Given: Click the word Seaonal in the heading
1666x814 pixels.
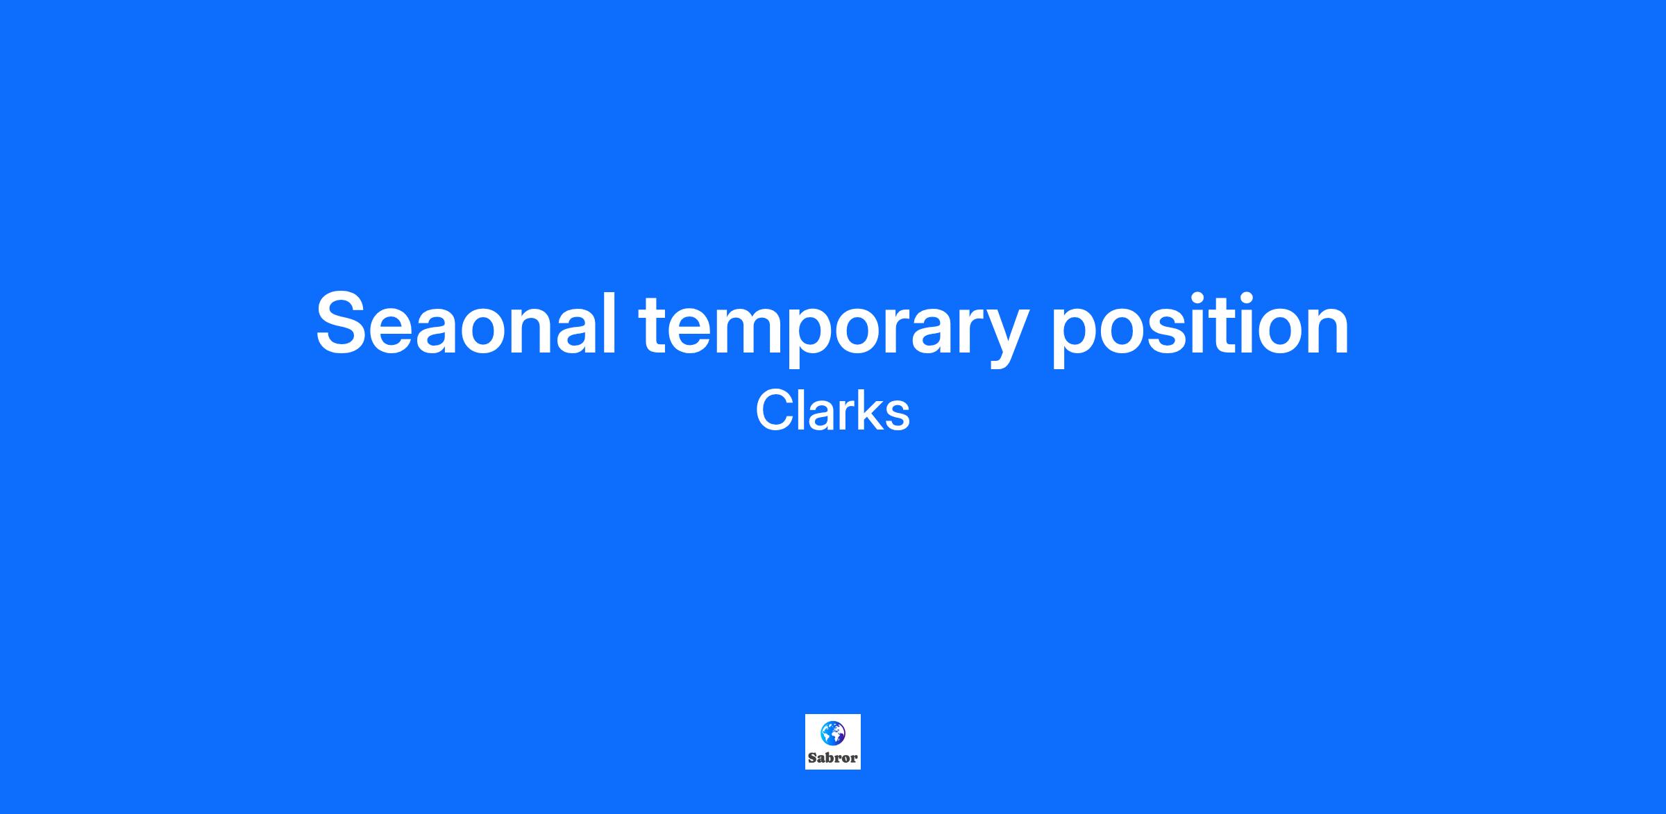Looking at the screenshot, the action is pyautogui.click(x=466, y=323).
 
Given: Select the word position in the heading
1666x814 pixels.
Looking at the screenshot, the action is pyautogui.click(x=1200, y=326).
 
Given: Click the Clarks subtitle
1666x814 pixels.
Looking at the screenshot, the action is pyautogui.click(x=832, y=410).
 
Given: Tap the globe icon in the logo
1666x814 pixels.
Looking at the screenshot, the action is pyautogui.click(x=832, y=733).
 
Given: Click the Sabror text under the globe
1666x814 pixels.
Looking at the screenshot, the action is pyautogui.click(x=832, y=758).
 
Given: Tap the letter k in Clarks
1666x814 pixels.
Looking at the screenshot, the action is pyautogui.click(x=867, y=410).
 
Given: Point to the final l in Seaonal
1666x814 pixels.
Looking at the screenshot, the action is pyautogui.click(x=609, y=321).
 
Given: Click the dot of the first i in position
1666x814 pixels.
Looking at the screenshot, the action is pyautogui.click(x=1220, y=295).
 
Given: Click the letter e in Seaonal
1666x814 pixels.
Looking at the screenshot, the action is pyautogui.click(x=404, y=331).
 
